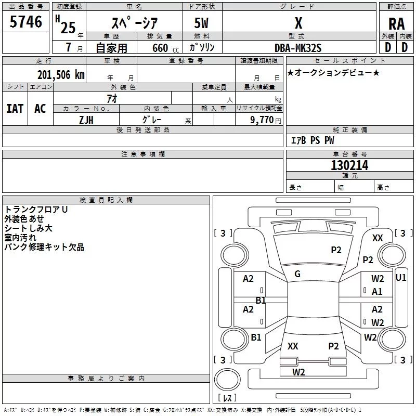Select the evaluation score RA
click(396, 23)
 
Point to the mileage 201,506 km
click(60, 74)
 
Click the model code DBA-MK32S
click(298, 48)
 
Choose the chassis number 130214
click(349, 165)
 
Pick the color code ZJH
click(86, 119)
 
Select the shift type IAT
click(15, 109)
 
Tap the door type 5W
click(202, 23)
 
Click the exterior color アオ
click(111, 98)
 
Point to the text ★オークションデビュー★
click(333, 72)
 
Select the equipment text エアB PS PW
click(312, 140)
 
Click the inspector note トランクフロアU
click(36, 210)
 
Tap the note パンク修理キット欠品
click(44, 248)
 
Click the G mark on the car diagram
click(297, 274)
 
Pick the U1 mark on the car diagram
click(401, 278)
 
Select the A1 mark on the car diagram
click(378, 292)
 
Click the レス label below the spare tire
click(228, 398)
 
